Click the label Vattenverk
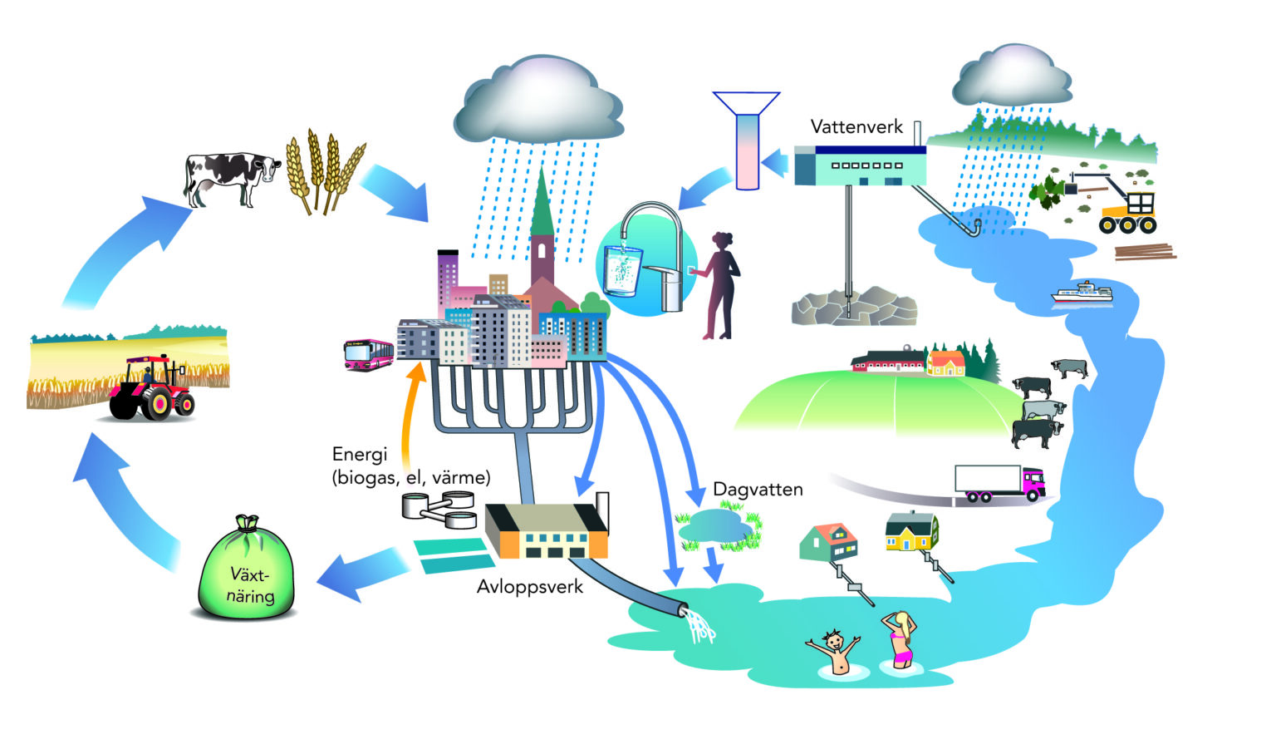(856, 127)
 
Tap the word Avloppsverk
(529, 587)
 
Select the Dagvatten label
(758, 490)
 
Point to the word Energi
(360, 455)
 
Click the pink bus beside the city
(369, 354)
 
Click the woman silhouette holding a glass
(719, 283)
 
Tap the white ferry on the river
(1082, 294)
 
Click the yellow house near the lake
(911, 532)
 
